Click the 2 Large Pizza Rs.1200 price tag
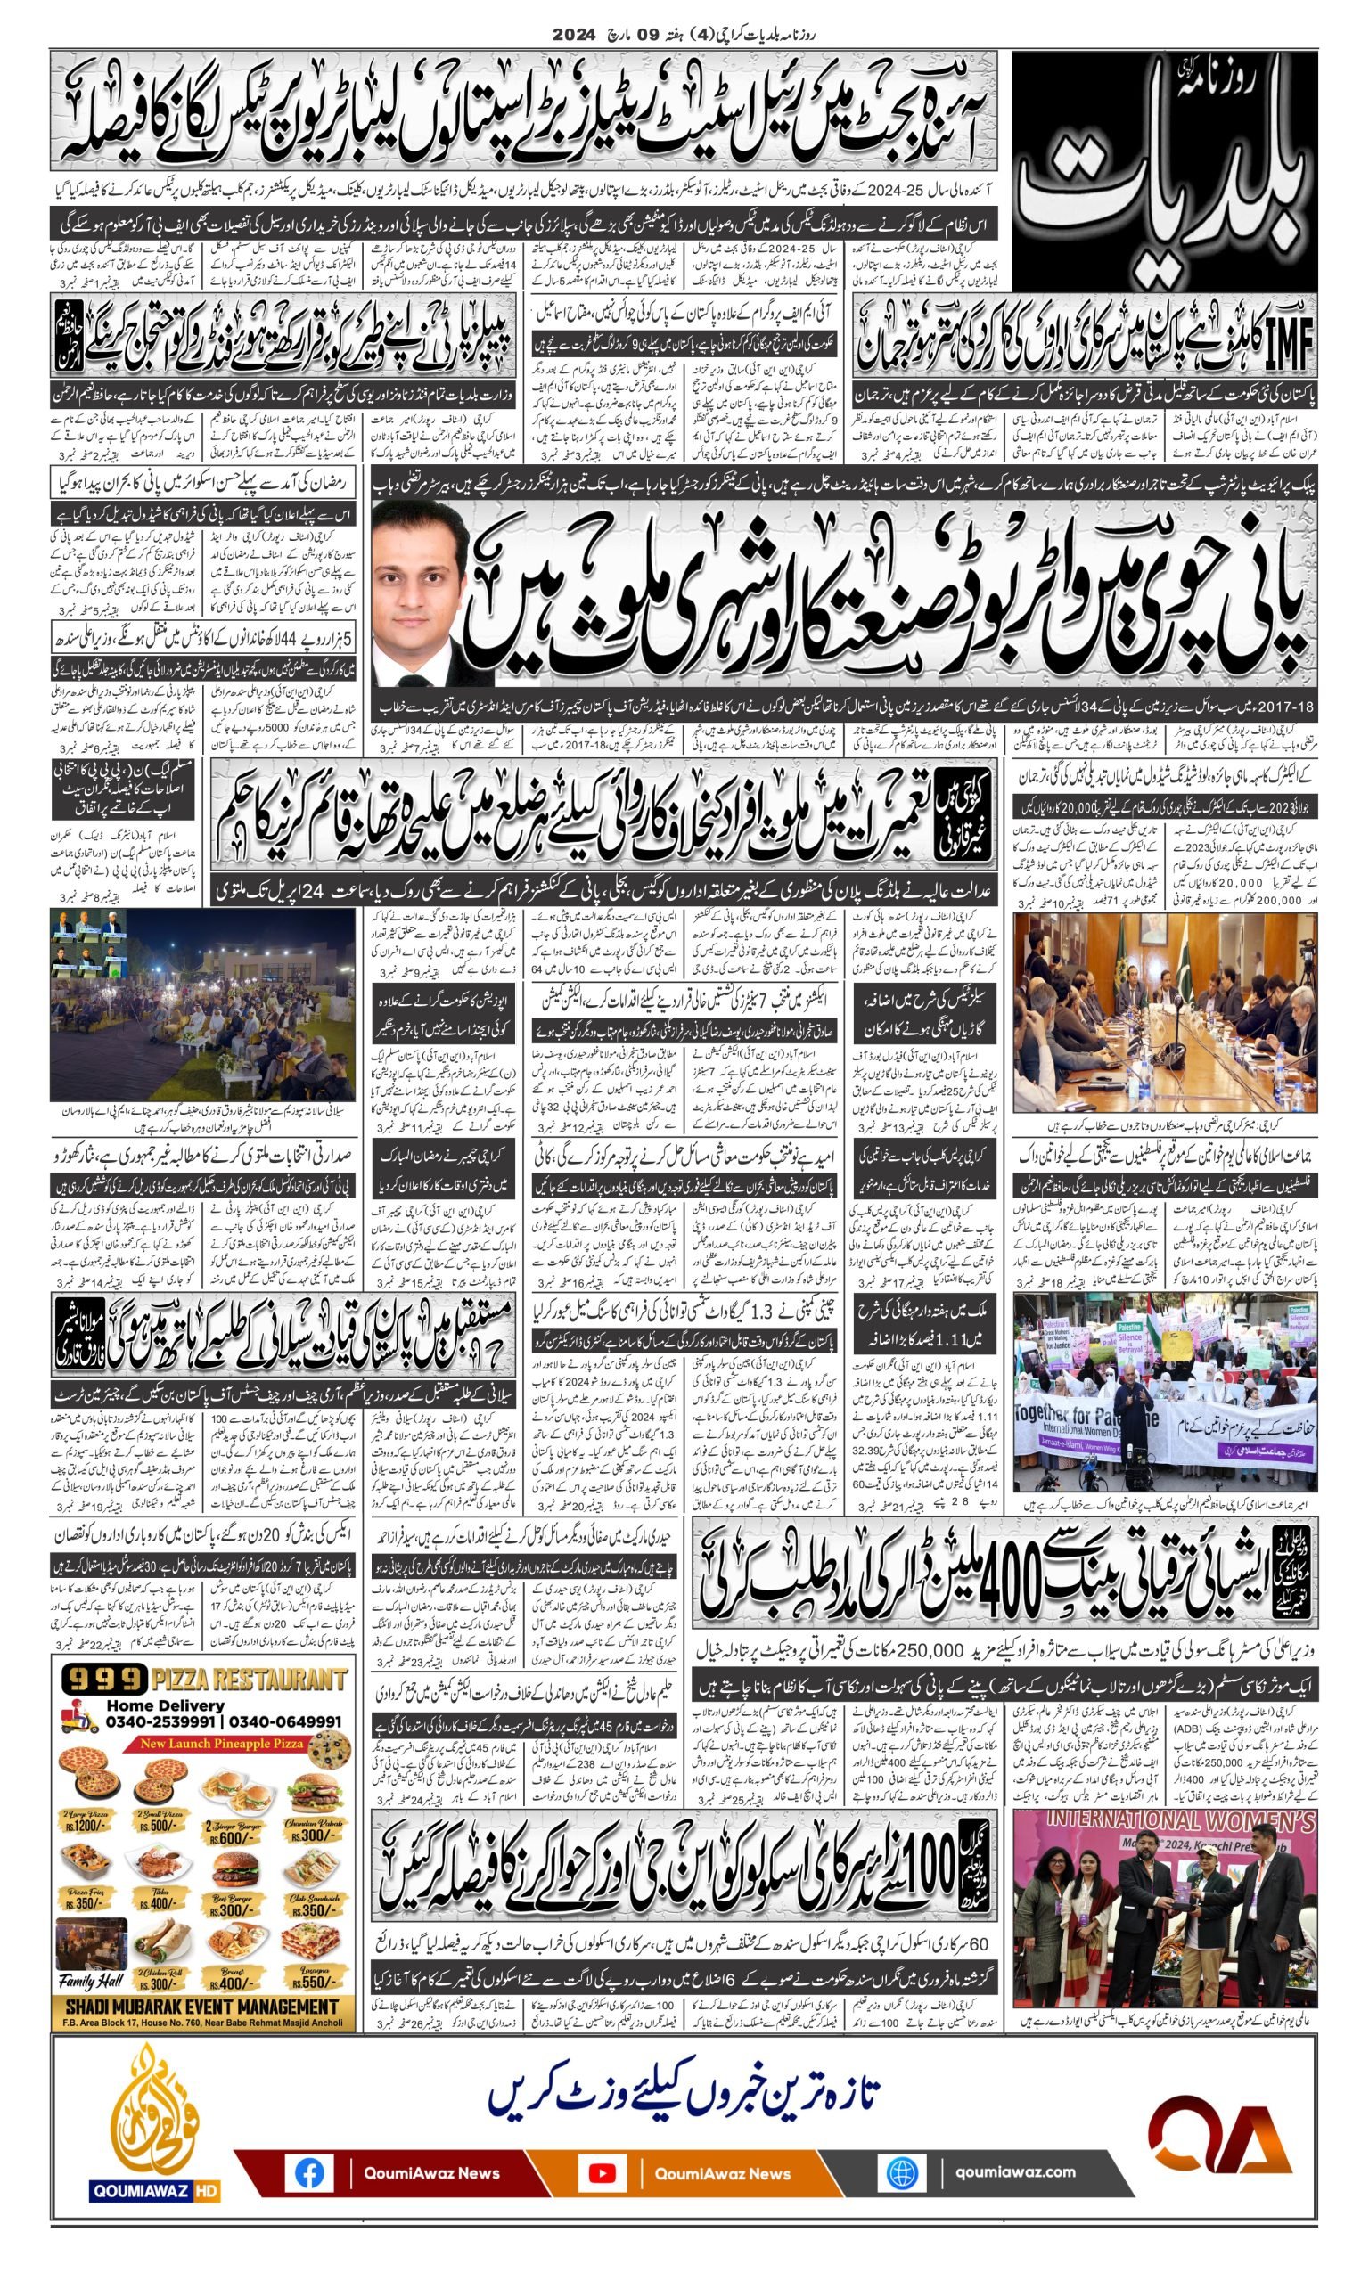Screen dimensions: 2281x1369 coord(90,1825)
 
